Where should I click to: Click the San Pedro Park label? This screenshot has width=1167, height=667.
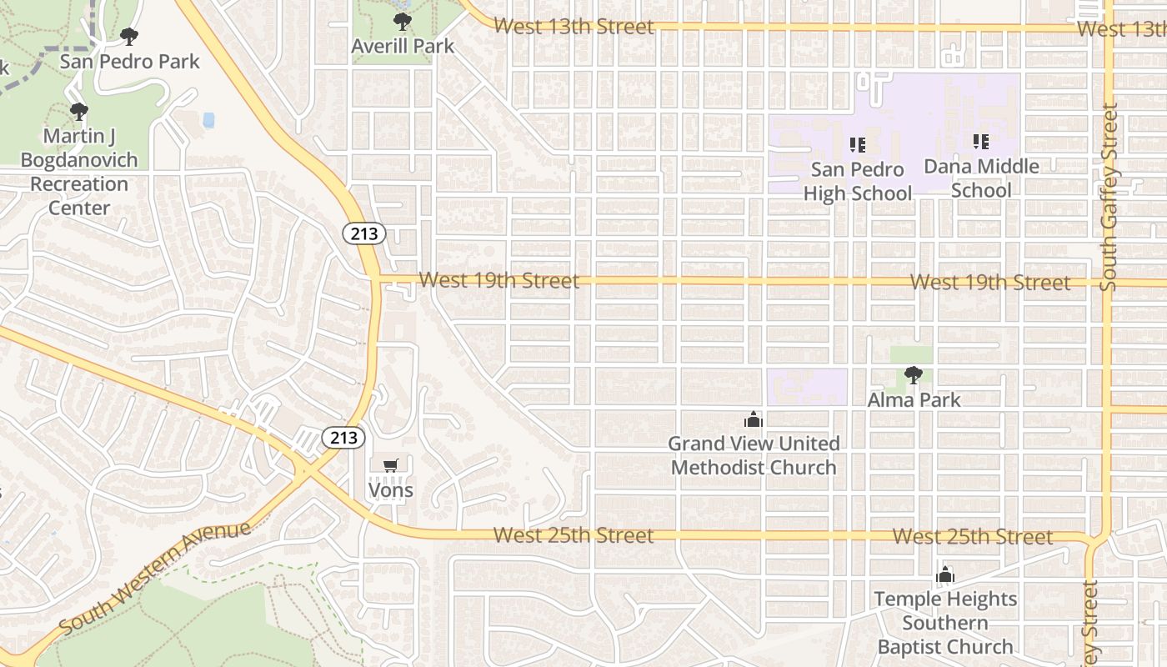(129, 62)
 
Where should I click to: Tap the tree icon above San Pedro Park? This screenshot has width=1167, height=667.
(128, 37)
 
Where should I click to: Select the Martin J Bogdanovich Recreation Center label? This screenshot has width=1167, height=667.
(79, 172)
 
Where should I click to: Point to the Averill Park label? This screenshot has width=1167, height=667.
(403, 46)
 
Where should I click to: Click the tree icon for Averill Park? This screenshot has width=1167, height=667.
(403, 22)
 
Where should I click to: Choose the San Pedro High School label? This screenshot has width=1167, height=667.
(858, 182)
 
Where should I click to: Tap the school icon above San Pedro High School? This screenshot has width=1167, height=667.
(858, 145)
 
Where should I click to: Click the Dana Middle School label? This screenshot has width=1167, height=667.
(981, 178)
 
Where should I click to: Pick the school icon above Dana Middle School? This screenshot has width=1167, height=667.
(981, 142)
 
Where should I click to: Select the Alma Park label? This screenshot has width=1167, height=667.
(914, 400)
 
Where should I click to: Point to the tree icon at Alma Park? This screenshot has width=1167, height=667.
(914, 375)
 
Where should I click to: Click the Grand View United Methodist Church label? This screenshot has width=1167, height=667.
(754, 455)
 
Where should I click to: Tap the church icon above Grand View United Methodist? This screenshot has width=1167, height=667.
(754, 419)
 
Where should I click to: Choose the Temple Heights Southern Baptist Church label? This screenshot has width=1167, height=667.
(945, 623)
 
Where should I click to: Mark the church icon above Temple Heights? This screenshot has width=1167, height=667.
(944, 575)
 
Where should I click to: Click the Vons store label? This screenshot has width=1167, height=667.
(391, 490)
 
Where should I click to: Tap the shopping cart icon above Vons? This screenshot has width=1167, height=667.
(390, 465)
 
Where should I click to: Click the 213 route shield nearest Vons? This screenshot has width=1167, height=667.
(343, 438)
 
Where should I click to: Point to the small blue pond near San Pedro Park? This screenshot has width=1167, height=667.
(208, 120)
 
